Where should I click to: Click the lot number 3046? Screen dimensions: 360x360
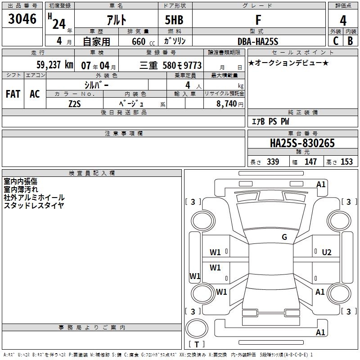tap(22, 19)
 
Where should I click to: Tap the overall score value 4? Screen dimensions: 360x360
tap(343, 20)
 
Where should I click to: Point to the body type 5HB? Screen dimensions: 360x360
tap(175, 20)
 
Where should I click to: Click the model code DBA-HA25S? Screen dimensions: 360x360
tap(258, 41)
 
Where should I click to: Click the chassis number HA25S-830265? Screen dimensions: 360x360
tap(302, 144)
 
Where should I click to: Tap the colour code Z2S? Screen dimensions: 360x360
tap(75, 103)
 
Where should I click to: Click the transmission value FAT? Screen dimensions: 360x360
tap(13, 94)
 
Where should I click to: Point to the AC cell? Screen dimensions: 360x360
tap(35, 94)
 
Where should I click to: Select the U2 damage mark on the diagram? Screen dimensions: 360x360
tap(327, 252)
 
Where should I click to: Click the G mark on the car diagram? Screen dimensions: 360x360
tap(284, 237)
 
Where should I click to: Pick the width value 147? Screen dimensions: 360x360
tap(310, 162)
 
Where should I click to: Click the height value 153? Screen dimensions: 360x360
tap(346, 162)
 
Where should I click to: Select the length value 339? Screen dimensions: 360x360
tap(272, 162)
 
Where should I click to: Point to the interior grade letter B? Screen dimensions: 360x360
tap(350, 41)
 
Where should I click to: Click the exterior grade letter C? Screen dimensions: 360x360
tap(335, 41)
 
